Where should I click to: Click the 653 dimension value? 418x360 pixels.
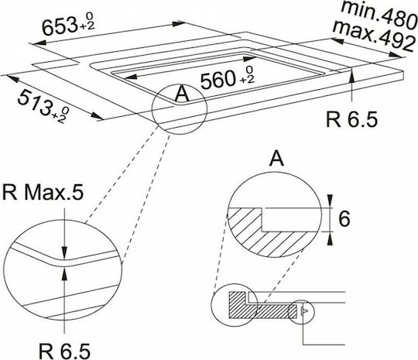[60, 26]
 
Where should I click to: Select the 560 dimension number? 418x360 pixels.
[218, 80]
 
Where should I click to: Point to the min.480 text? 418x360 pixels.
[379, 13]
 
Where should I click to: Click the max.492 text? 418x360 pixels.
[374, 35]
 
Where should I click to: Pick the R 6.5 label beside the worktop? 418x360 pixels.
[352, 119]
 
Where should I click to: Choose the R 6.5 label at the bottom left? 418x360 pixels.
[65, 351]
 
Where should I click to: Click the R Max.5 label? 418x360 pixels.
[43, 193]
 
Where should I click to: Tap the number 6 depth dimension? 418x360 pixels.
[344, 219]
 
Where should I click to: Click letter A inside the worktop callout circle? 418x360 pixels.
[183, 94]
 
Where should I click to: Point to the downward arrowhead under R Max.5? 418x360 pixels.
[64, 253]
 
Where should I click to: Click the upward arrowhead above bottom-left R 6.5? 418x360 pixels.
[64, 273]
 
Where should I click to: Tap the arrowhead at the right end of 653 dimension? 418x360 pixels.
[179, 24]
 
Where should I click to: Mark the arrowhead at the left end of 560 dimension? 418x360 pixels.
[130, 77]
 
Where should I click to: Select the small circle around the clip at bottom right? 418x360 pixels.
[302, 312]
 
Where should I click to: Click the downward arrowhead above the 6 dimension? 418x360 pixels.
[330, 201]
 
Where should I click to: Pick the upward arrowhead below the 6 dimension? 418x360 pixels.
[330, 238]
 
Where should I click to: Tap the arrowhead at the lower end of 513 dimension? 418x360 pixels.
[97, 116]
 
